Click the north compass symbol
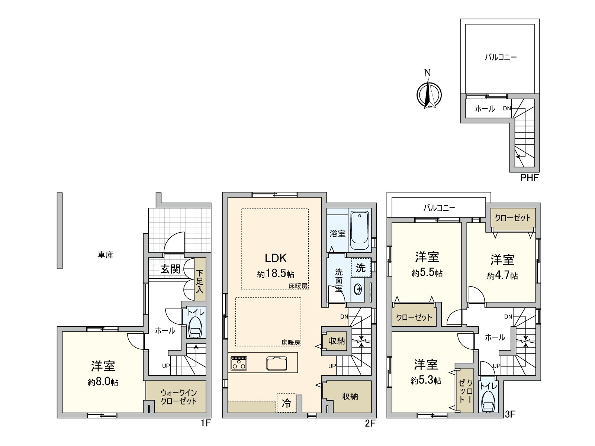(x=429, y=94)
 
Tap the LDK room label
(x=276, y=258)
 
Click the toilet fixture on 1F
(x=195, y=327)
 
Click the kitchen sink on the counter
(x=276, y=363)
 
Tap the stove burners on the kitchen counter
(x=239, y=363)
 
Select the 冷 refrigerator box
(x=286, y=403)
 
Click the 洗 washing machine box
(x=361, y=268)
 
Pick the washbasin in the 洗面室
(x=358, y=289)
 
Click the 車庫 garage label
(x=106, y=255)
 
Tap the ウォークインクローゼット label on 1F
(x=178, y=397)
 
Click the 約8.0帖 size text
(x=103, y=382)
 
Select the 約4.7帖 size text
(x=502, y=276)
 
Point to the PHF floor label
(x=529, y=178)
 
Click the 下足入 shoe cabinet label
(x=200, y=281)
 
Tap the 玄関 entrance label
(x=170, y=269)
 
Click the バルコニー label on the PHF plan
(x=501, y=57)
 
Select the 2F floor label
(x=370, y=423)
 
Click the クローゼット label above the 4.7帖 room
(x=513, y=218)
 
